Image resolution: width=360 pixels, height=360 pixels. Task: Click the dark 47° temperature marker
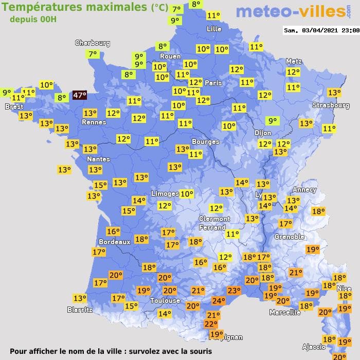(79, 95)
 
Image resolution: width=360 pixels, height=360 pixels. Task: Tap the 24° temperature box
(219, 301)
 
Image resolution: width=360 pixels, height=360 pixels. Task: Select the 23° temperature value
(234, 291)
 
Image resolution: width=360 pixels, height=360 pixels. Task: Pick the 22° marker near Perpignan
(211, 324)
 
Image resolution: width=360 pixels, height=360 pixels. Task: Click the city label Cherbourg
(93, 43)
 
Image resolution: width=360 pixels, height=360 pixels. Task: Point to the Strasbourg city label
(331, 105)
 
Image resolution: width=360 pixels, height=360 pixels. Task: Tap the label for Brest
(14, 107)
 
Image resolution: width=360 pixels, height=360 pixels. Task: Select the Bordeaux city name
(114, 242)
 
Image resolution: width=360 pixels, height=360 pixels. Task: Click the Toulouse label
(165, 300)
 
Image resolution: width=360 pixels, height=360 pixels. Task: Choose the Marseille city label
(285, 312)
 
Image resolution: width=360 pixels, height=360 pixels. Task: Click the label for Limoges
(165, 194)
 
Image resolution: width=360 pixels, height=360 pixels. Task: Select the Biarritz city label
(80, 310)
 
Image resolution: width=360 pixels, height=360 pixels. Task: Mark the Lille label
(213, 29)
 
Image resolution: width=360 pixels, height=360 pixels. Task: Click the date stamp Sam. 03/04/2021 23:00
(321, 30)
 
